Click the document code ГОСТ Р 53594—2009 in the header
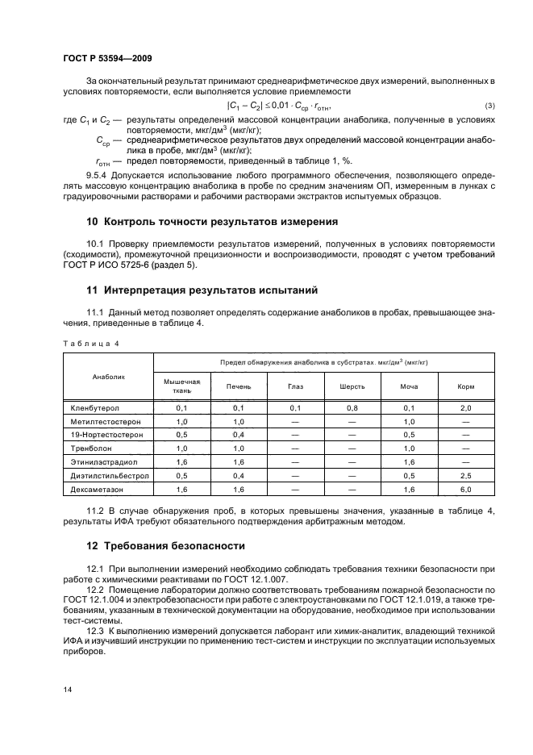pos(107,59)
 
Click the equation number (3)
pos(489,107)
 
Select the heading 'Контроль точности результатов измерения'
pos(218,221)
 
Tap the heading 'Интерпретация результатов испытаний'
pos(208,289)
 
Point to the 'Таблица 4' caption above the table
pos(91,344)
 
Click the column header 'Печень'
pos(238,386)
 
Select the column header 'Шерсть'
pos(352,386)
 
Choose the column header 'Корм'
pos(465,386)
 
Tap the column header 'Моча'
pos(409,386)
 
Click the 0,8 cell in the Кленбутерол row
pos(352,408)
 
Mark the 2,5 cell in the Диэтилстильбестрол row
pos(465,475)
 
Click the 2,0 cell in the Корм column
pos(465,408)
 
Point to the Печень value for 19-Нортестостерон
pos(238,434)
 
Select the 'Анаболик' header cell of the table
pos(107,375)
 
